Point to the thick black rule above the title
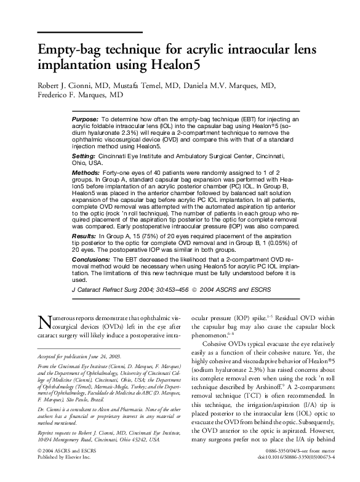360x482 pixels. (90, 32)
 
